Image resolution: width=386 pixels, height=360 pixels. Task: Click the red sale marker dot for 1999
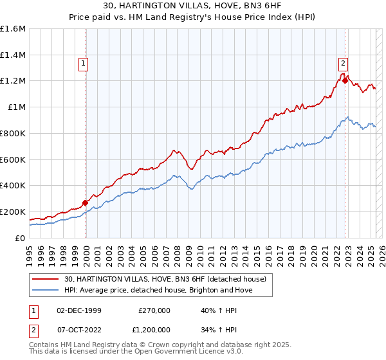[x=85, y=203]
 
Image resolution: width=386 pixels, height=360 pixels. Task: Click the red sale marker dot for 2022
[x=345, y=81]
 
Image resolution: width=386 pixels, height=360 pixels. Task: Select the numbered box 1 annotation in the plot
[x=84, y=63]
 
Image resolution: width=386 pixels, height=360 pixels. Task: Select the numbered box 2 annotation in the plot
[x=344, y=63]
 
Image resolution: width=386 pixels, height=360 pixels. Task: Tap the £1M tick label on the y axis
[x=17, y=107]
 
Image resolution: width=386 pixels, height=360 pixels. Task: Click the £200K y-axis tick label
[x=13, y=212]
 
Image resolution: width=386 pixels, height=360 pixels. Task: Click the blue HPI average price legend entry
[x=158, y=290]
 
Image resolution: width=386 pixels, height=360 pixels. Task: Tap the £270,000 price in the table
[x=154, y=310]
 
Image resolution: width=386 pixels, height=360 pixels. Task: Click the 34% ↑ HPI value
[x=219, y=329]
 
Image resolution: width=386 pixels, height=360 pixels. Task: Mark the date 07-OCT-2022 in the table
[x=80, y=329]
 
